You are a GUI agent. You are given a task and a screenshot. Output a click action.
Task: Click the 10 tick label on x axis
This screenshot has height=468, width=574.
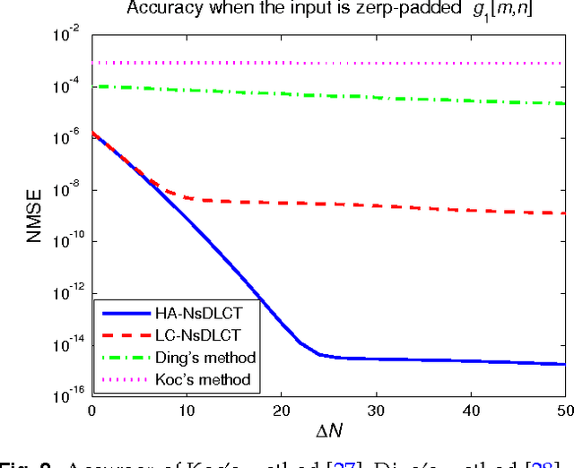(187, 410)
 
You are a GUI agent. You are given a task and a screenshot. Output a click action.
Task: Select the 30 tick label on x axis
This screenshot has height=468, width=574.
(376, 410)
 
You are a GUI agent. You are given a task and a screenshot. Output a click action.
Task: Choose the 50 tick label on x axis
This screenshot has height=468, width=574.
(564, 410)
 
